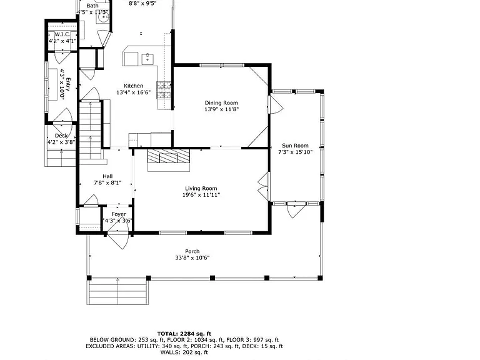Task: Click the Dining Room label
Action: [x=221, y=103]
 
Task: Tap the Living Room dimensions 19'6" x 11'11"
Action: [x=201, y=195]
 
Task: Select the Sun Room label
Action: [x=295, y=146]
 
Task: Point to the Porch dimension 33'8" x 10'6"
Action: [x=192, y=258]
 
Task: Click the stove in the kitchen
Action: [x=164, y=90]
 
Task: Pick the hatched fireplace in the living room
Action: [x=169, y=156]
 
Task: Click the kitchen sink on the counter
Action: [x=147, y=59]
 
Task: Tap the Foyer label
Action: [x=119, y=214]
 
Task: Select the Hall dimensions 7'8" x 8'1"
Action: [x=107, y=183]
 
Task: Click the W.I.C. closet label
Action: [x=62, y=34]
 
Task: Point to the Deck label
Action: [x=61, y=136]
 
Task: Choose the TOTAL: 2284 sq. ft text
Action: [x=184, y=334]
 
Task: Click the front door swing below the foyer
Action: [x=118, y=240]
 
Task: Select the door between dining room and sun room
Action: [x=276, y=105]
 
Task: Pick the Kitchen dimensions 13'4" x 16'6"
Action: [x=134, y=92]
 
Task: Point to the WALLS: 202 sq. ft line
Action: [x=184, y=352]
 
